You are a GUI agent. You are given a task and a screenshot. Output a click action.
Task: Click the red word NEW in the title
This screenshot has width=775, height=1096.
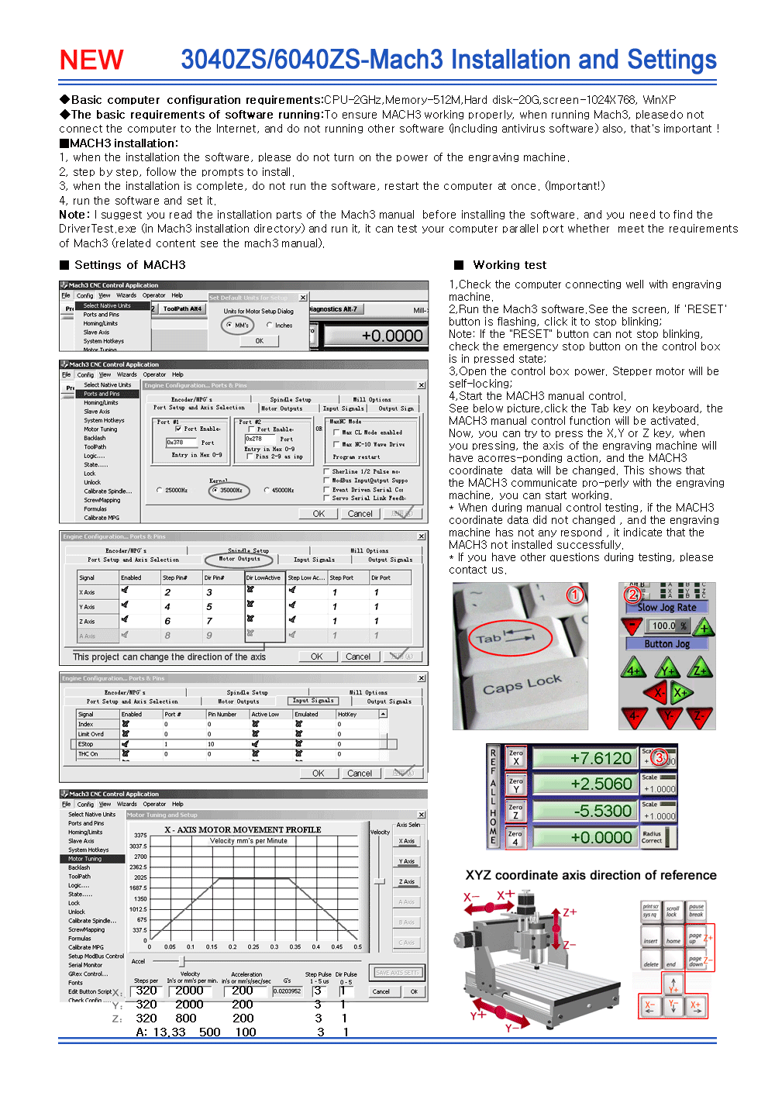tap(91, 60)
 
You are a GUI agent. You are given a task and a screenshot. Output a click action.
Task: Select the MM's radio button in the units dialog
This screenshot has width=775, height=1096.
tap(229, 325)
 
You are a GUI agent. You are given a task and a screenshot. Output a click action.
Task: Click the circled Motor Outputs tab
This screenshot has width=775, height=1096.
tap(239, 559)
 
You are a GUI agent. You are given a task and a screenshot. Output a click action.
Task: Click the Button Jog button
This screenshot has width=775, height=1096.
tap(666, 644)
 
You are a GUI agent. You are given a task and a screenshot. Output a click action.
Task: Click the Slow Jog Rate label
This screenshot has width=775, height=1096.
tap(666, 608)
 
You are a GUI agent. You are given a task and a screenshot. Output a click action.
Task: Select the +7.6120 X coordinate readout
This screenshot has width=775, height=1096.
tap(585, 758)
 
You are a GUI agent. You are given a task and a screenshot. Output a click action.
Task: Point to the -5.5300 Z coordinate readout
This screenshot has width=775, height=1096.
tap(585, 811)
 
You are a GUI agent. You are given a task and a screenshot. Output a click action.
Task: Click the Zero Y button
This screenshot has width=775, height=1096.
tap(515, 785)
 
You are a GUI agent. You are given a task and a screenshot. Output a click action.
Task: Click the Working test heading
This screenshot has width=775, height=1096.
tap(509, 265)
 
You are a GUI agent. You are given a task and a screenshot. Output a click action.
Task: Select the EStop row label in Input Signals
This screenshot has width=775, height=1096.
tap(86, 744)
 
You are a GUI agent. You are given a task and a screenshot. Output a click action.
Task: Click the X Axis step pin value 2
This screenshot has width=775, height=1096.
tap(167, 592)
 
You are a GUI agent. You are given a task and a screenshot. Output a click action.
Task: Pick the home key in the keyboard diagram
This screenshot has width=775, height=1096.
tap(673, 941)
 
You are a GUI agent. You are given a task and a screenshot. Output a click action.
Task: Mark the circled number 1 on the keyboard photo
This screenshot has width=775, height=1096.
tap(574, 595)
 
